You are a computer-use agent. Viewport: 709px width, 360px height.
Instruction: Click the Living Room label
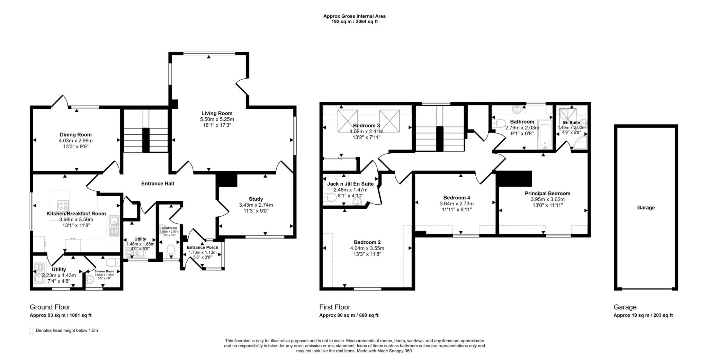217,113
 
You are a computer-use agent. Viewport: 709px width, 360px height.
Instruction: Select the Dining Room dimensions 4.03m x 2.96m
75,141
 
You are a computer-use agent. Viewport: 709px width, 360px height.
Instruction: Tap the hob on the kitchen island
63,206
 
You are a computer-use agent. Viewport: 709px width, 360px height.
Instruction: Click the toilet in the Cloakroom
171,251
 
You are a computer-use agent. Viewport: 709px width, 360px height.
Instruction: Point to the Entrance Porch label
203,247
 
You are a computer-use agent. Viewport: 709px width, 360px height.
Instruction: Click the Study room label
256,199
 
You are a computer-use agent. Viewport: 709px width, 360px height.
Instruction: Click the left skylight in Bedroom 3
348,121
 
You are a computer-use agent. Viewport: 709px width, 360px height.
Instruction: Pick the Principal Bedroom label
547,193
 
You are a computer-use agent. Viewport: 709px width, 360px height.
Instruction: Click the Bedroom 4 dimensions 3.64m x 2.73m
456,204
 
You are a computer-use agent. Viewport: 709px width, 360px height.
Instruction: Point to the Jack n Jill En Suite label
350,184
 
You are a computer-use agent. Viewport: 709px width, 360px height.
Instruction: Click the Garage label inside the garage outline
646,208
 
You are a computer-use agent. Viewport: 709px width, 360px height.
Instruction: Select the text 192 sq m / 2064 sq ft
354,21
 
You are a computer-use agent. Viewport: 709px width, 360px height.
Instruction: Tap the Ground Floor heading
50,307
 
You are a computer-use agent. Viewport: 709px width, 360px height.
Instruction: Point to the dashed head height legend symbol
31,331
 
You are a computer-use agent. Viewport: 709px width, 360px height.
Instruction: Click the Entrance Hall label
158,183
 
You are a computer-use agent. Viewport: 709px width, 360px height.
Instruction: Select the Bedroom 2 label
367,242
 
